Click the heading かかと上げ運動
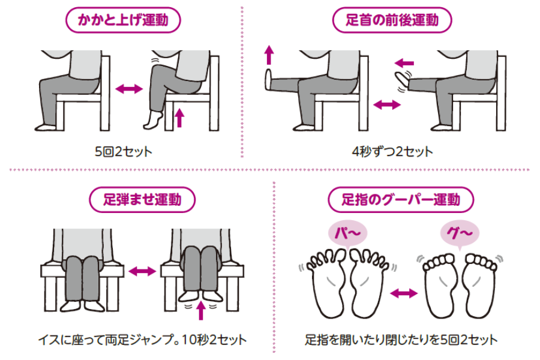(122, 21)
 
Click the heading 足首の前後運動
(392, 21)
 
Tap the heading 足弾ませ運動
(143, 200)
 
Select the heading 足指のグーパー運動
(401, 200)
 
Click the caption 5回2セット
(123, 151)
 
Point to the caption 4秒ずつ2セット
(392, 151)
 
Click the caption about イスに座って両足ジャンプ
(140, 340)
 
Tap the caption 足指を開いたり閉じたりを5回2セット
(401, 340)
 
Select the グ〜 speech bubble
(459, 232)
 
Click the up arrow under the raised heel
(178, 117)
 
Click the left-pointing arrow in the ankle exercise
(404, 62)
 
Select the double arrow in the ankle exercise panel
(386, 105)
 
